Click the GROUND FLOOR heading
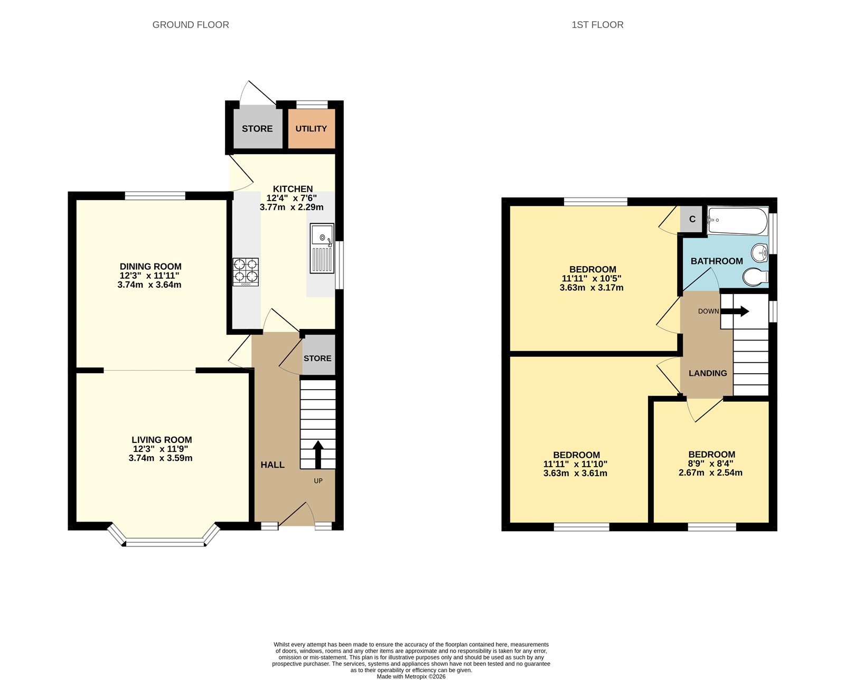(190, 25)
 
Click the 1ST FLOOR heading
(597, 25)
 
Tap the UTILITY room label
(311, 128)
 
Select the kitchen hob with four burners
(246, 272)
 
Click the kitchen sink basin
(322, 235)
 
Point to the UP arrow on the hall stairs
(318, 454)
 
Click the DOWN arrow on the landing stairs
(735, 311)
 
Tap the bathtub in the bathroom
(737, 222)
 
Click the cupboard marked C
(692, 219)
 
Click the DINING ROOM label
(151, 267)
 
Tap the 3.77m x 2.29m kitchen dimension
(292, 207)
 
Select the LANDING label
(708, 373)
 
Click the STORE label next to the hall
(317, 358)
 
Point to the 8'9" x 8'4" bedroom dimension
(711, 464)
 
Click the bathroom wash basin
(759, 252)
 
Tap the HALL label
(273, 465)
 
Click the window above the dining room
(155, 196)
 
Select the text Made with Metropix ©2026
(411, 676)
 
